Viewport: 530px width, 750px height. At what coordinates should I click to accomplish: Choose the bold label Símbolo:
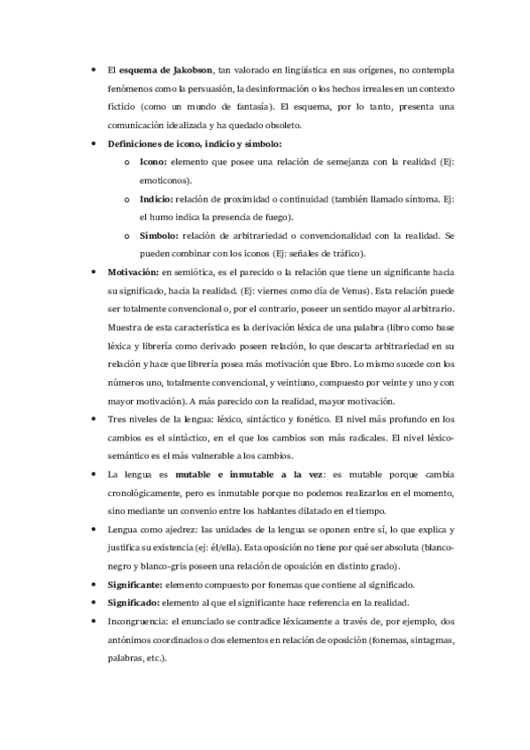159,236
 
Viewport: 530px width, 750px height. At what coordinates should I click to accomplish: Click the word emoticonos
164,180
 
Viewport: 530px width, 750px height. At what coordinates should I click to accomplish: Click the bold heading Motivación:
133,272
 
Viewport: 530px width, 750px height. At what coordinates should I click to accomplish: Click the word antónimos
130,641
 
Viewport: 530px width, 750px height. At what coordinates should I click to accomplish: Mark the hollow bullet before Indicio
127,200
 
